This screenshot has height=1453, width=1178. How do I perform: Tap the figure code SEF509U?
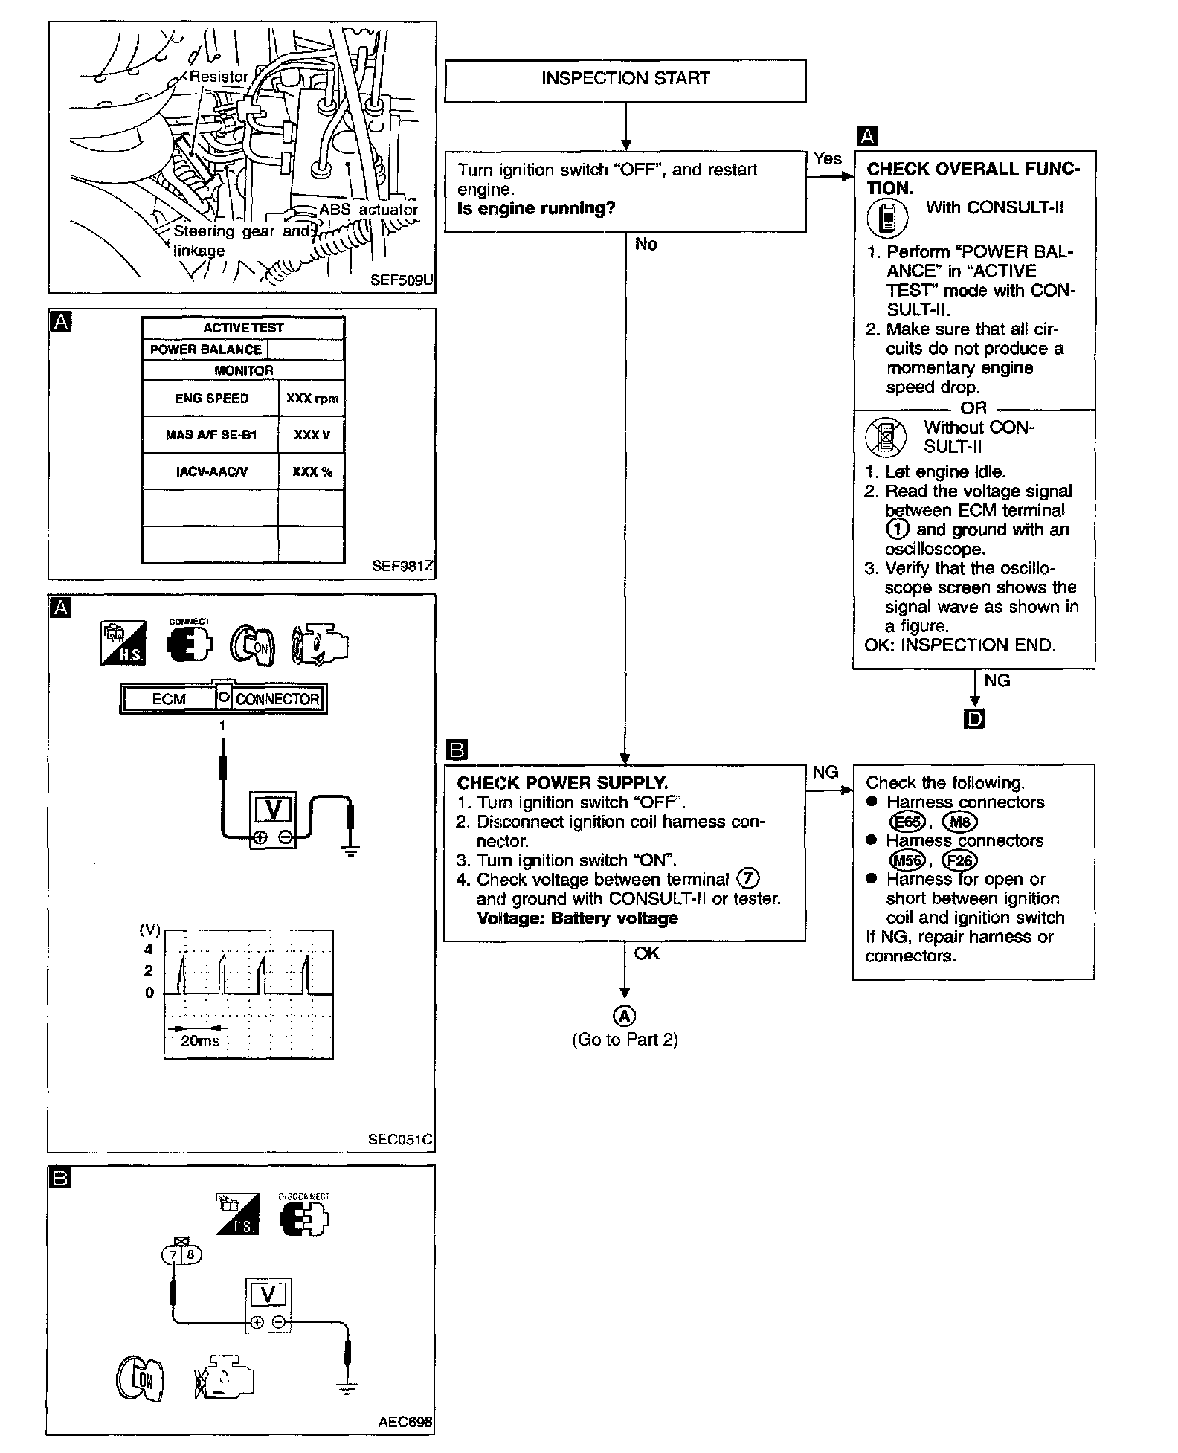coord(402,281)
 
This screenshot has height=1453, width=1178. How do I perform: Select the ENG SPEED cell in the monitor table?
coord(211,399)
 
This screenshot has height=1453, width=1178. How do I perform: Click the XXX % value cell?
coord(312,471)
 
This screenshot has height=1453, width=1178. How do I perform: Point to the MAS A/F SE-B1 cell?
coord(211,435)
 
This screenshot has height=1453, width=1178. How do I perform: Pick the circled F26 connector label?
coord(959,860)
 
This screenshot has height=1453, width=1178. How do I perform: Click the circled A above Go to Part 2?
coord(625,1016)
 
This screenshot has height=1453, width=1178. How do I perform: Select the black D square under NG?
coord(973,719)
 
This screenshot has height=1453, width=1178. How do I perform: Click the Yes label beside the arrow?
coord(827,158)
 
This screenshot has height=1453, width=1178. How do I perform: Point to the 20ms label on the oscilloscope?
coord(200,1041)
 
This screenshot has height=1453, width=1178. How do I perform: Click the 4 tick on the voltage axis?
coord(149,950)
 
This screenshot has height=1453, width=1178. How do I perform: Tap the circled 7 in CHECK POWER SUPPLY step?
coord(747,879)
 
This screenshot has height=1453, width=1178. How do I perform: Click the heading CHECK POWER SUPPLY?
coord(562,783)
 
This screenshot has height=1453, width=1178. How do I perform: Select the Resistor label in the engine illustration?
coord(218,77)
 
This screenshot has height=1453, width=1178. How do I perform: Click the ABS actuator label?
coord(369,210)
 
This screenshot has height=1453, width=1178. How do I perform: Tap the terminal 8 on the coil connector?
coord(190,1255)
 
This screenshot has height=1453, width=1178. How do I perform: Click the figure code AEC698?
coord(405,1422)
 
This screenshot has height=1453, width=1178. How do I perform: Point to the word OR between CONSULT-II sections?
coord(973,408)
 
